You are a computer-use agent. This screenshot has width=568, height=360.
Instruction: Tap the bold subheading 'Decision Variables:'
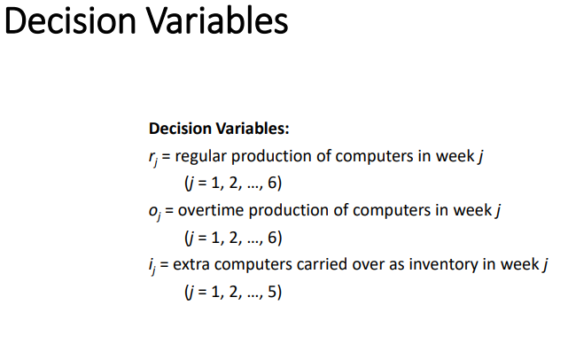pos(219,129)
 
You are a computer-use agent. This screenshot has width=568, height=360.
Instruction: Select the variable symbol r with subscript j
pos(153,158)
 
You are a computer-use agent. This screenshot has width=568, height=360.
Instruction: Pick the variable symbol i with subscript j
pos(152,264)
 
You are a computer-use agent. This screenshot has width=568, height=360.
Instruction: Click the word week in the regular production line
pos(456,157)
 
